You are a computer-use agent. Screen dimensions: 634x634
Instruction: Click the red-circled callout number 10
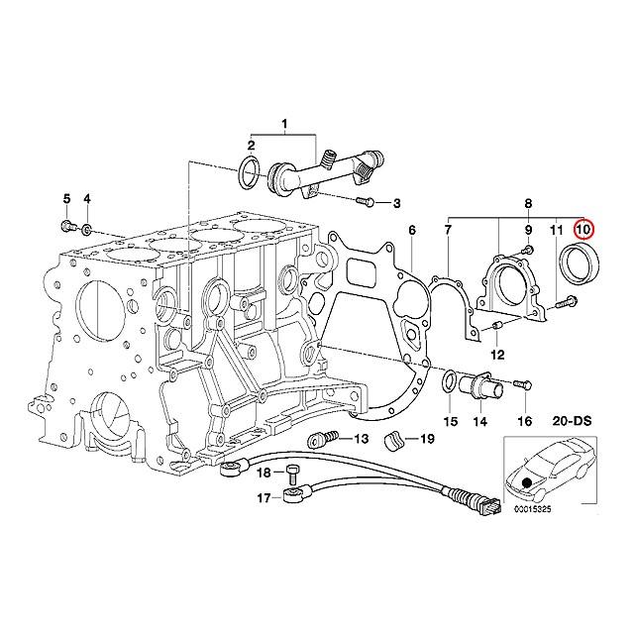pyautogui.click(x=583, y=230)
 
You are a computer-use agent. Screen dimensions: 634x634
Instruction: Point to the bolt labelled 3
pyautogui.click(x=361, y=203)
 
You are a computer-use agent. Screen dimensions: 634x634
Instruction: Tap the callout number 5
pyautogui.click(x=66, y=199)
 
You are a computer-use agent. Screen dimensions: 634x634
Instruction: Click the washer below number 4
pyautogui.click(x=87, y=231)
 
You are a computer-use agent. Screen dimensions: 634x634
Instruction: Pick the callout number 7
pyautogui.click(x=447, y=230)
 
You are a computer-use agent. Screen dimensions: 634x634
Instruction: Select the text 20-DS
pyautogui.click(x=569, y=421)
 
